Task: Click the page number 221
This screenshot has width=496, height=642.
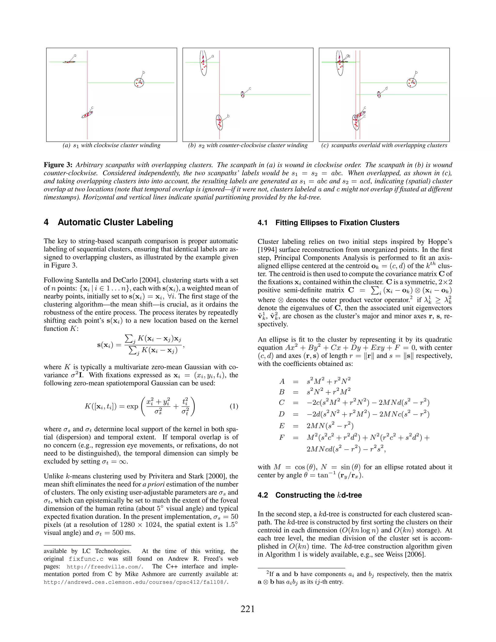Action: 248,609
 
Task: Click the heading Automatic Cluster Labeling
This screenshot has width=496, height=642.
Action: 115,222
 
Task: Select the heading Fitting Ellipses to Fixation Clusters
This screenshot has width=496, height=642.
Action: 337,223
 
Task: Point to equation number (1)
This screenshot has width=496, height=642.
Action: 234,407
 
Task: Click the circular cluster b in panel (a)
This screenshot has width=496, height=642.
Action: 139,83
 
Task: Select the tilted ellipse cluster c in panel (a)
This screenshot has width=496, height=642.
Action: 87,114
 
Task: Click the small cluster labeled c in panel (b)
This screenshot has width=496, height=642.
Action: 242,94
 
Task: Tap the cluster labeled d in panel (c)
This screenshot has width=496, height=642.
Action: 379,94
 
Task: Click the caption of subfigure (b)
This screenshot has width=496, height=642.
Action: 248,146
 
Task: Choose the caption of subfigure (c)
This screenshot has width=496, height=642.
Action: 384,146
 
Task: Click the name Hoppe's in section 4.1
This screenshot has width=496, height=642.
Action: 440,242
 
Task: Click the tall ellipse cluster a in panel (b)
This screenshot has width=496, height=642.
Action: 203,63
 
